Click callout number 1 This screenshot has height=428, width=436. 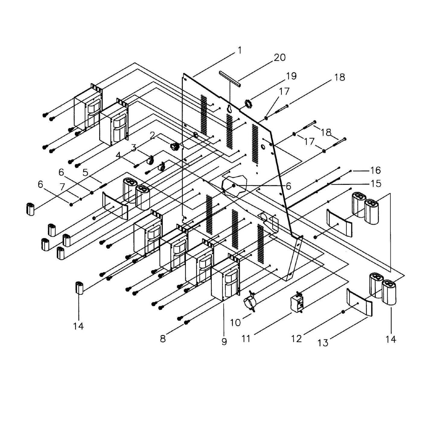240,50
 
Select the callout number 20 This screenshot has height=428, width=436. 279,57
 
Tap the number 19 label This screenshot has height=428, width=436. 291,76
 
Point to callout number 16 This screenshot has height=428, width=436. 375,171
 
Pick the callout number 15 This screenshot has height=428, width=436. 376,184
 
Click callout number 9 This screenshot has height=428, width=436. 224,341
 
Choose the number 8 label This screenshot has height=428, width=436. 163,339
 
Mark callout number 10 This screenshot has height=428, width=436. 235,323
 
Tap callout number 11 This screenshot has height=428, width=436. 246,339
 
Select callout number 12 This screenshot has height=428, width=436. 297,339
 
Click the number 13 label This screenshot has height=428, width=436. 323,343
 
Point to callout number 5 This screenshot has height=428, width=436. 85,173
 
